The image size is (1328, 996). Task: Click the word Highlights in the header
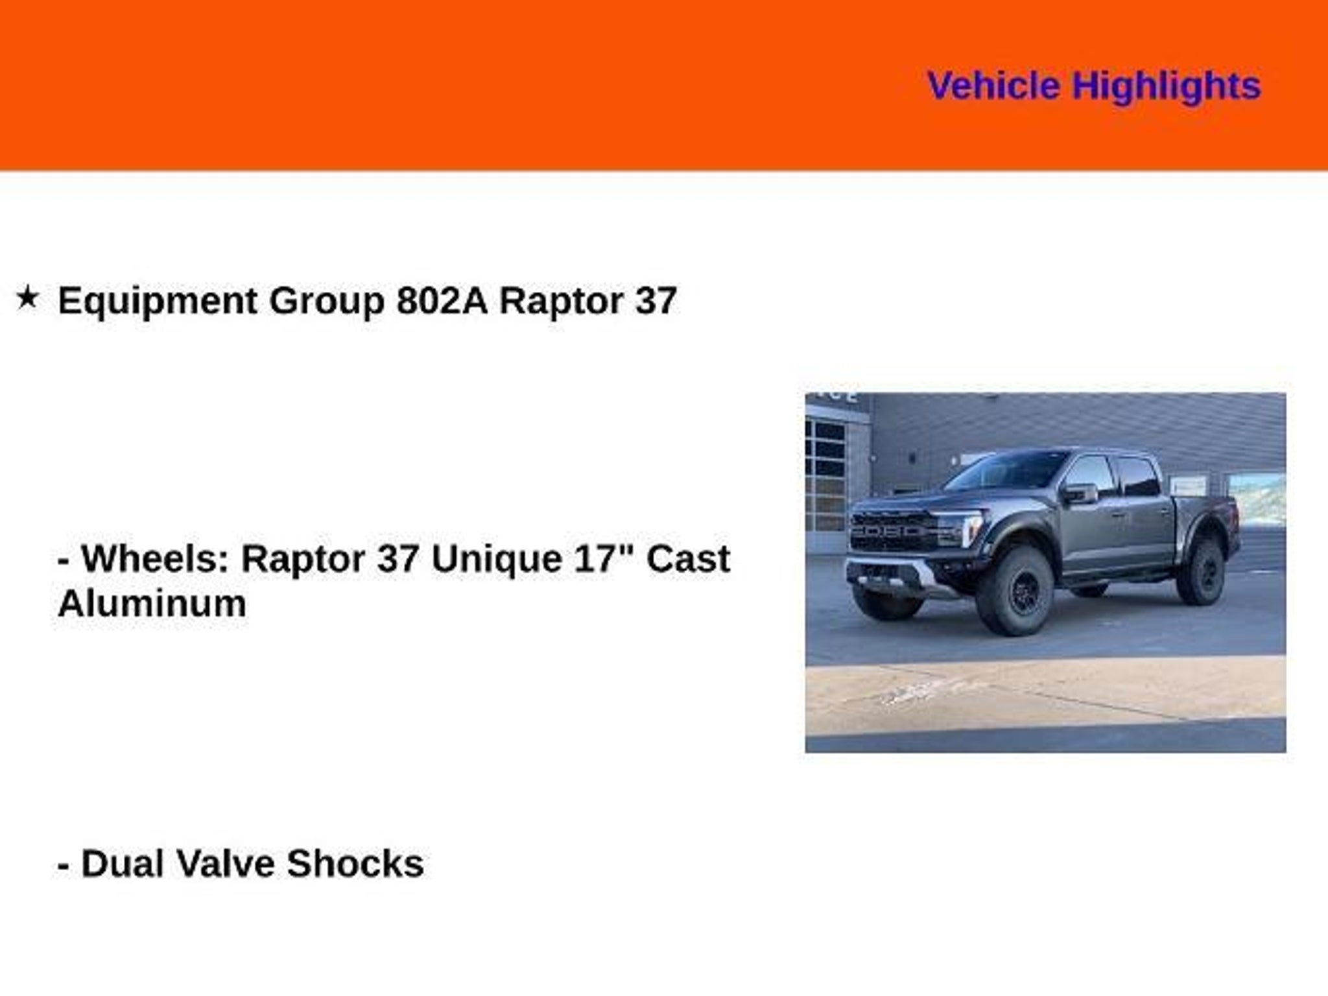pyautogui.click(x=1167, y=87)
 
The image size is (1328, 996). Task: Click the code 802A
pyautogui.click(x=442, y=301)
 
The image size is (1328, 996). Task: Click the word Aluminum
pyautogui.click(x=152, y=603)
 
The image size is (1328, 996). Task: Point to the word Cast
pyautogui.click(x=688, y=558)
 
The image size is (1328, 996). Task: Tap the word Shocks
pyautogui.click(x=355, y=864)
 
